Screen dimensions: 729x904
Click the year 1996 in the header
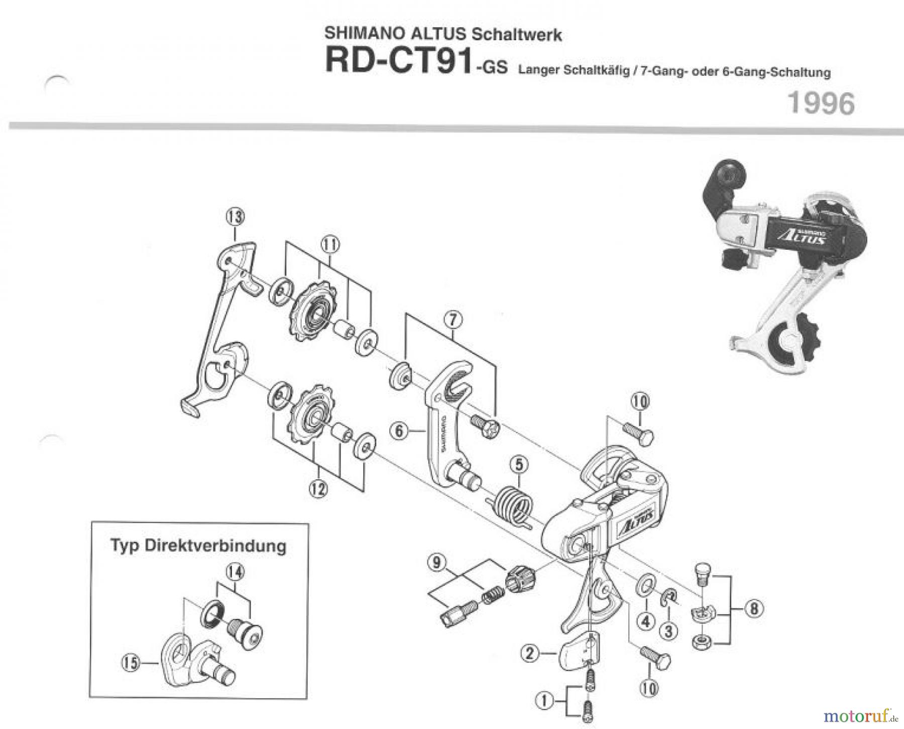click(821, 104)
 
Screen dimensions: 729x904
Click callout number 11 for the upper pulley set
click(330, 245)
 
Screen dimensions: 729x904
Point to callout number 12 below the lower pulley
click(318, 488)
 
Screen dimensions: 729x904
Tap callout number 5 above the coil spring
click(519, 465)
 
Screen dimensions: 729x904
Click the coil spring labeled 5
click(512, 504)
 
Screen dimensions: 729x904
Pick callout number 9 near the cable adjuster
click(436, 562)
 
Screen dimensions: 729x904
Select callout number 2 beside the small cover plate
click(530, 653)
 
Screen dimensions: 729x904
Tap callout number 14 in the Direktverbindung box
click(234, 572)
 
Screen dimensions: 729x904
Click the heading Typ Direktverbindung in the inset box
click(198, 546)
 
